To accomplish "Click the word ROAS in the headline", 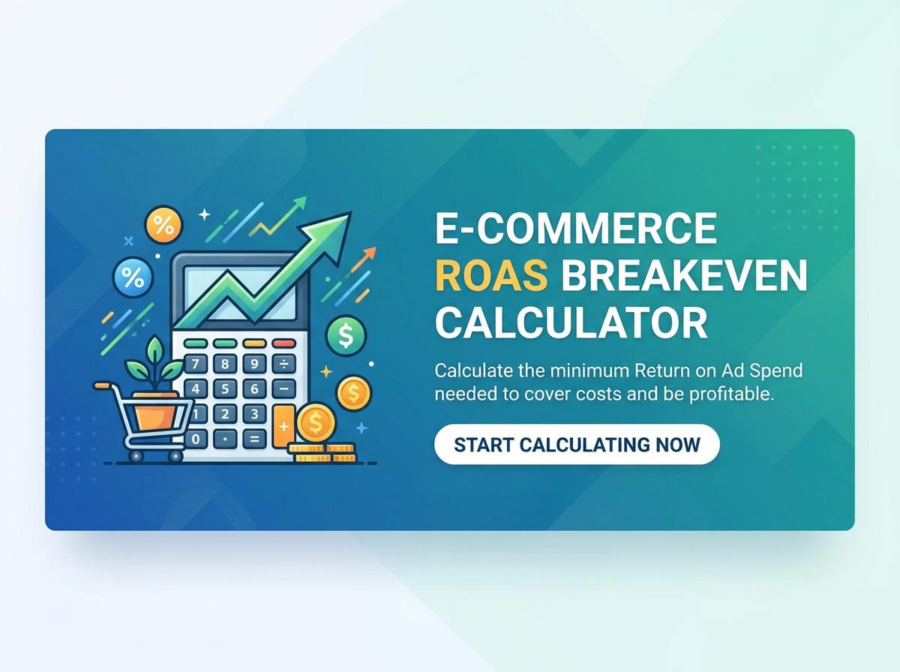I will [x=491, y=276].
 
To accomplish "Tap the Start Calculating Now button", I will [x=577, y=444].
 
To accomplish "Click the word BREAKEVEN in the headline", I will [x=684, y=276].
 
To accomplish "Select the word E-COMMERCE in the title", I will [x=576, y=228].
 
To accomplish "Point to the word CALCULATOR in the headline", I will [x=571, y=323].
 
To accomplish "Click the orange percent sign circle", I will [x=163, y=224].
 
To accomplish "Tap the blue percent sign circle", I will [x=133, y=279].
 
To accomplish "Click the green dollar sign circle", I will [x=346, y=335].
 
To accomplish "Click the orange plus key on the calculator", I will [x=283, y=425].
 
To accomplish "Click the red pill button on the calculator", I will [x=283, y=343].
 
